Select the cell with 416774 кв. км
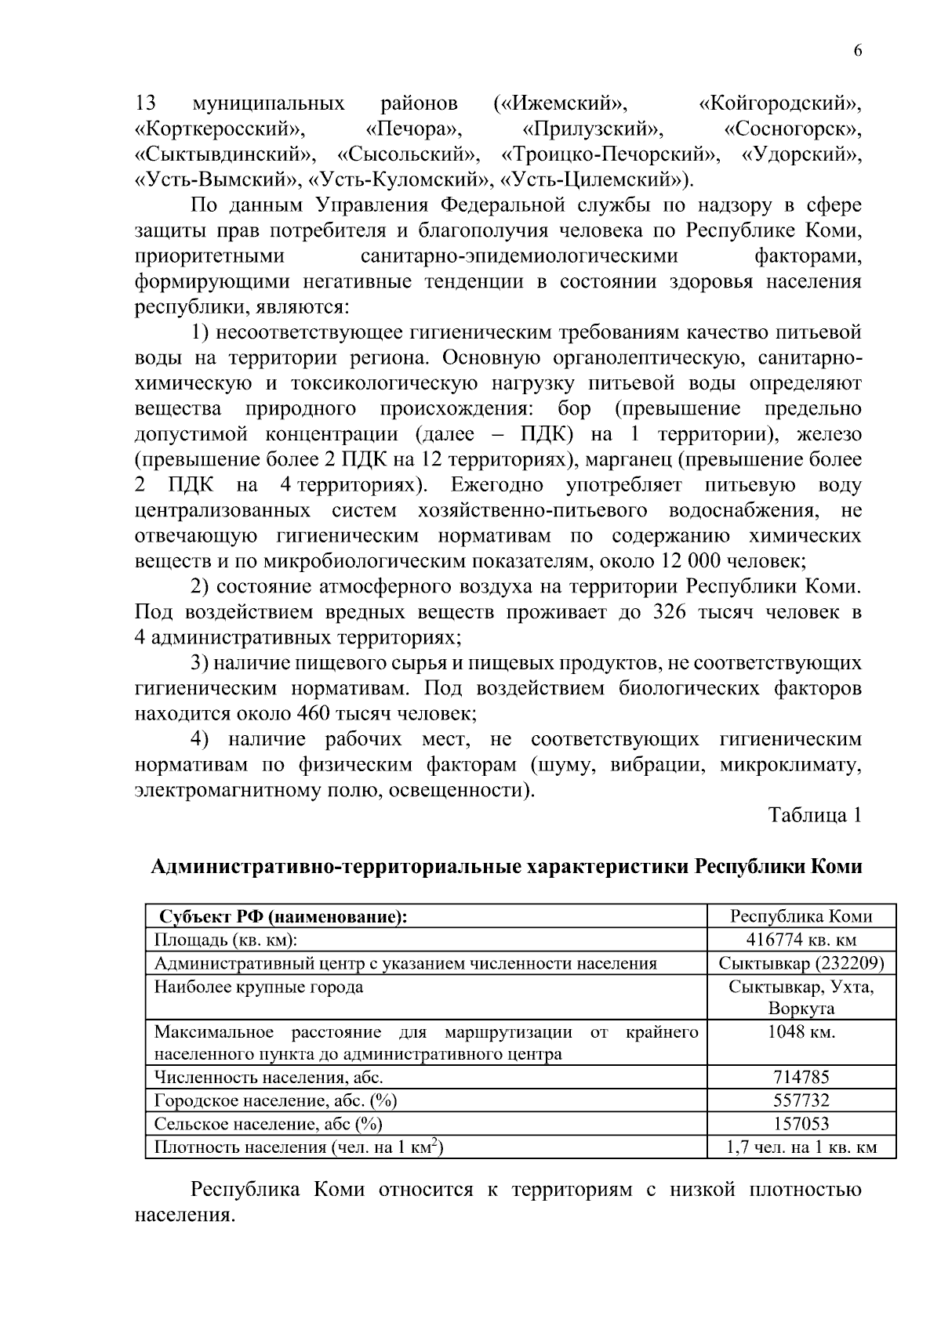click(801, 940)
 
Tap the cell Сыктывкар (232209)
click(801, 963)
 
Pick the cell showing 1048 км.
click(801, 1031)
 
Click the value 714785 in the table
click(801, 1077)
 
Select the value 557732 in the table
click(801, 1100)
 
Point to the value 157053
click(801, 1124)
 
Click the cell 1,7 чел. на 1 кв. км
click(801, 1148)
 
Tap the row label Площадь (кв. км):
click(225, 940)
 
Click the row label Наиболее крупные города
click(259, 987)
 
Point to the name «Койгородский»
click(779, 103)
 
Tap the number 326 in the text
click(670, 612)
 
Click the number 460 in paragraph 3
click(314, 714)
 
